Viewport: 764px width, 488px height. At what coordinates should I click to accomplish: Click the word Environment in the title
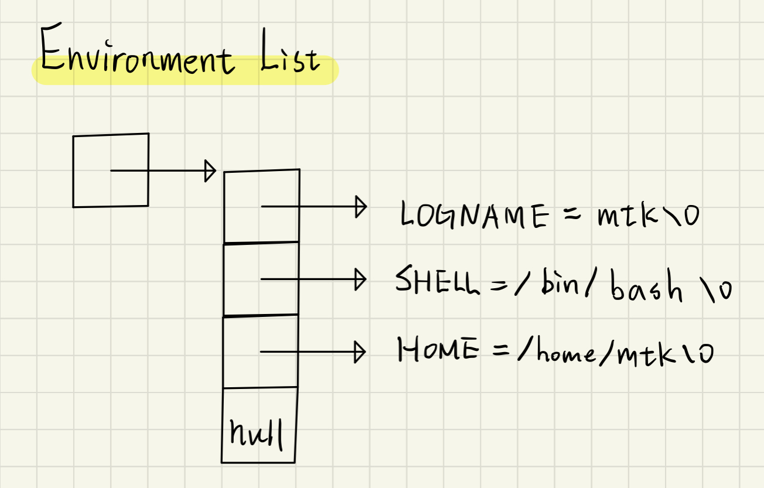click(x=136, y=57)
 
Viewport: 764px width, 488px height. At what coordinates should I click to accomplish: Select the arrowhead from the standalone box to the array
click(x=210, y=171)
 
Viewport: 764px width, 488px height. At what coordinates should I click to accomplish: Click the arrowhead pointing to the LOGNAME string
click(x=360, y=207)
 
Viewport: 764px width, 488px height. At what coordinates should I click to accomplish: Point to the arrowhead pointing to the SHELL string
click(x=360, y=279)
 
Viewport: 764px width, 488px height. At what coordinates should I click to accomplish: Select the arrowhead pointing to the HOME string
click(x=360, y=352)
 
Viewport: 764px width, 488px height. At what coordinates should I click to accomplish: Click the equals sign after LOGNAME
click(x=572, y=215)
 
